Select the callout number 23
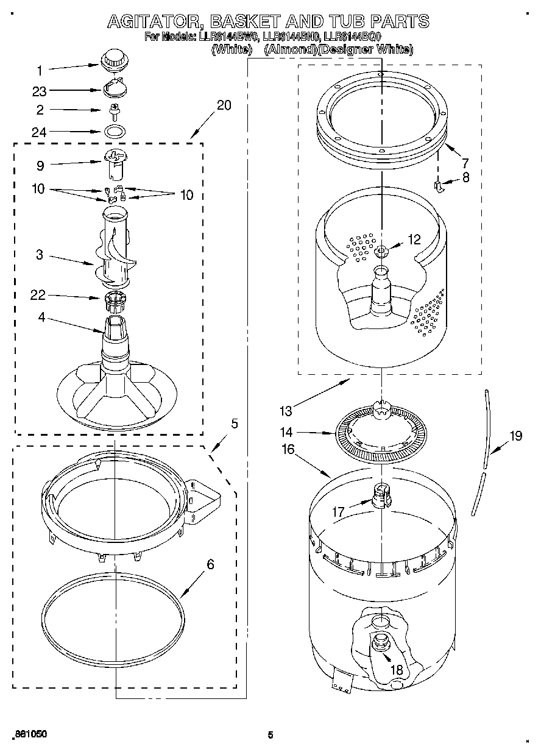[39, 91]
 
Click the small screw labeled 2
[114, 110]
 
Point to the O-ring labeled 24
[114, 131]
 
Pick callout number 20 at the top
[224, 105]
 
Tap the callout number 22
[38, 296]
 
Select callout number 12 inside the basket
[414, 240]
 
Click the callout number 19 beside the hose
[516, 436]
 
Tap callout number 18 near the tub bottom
[396, 670]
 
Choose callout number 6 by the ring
[210, 564]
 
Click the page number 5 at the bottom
[270, 735]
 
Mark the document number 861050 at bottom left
[30, 734]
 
